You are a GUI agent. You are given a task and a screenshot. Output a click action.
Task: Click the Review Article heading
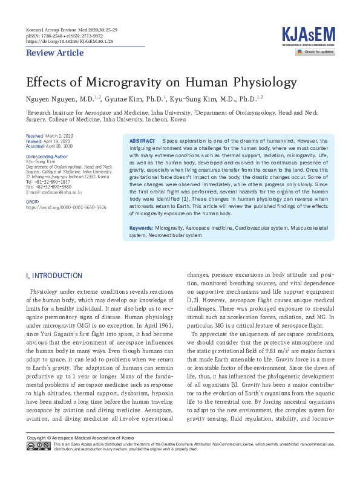54,53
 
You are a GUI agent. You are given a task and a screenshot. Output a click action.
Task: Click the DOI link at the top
69,42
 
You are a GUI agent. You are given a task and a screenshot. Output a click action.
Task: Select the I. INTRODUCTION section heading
54,276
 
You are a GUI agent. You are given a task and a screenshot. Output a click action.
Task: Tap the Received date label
34,136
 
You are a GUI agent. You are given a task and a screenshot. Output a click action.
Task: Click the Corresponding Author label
47,155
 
